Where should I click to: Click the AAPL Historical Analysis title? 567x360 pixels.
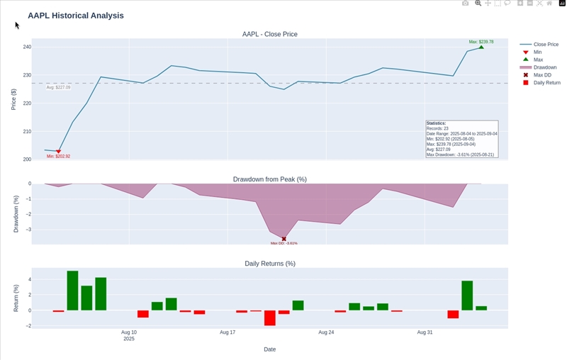pos(76,16)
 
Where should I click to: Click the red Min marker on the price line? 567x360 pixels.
pos(58,152)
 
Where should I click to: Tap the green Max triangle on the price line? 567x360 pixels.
pos(481,47)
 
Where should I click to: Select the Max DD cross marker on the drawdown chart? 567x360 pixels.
pos(284,239)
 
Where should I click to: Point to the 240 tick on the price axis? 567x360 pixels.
pos(27,47)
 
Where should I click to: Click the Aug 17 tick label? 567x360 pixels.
pos(228,332)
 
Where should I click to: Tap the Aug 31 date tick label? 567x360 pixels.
pos(425,332)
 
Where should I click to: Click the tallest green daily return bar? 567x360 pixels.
pos(72,291)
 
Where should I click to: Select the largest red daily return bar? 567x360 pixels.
pos(270,317)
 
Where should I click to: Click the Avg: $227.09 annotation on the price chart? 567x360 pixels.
pos(58,87)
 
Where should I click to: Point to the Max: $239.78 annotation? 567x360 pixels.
pos(481,42)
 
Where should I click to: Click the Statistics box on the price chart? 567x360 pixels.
pos(461,139)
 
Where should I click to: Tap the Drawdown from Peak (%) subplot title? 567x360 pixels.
pos(269,179)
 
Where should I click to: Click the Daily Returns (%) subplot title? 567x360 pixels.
pos(269,264)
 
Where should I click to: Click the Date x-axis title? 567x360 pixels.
pos(269,349)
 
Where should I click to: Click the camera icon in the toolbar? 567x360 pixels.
pos(465,4)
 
